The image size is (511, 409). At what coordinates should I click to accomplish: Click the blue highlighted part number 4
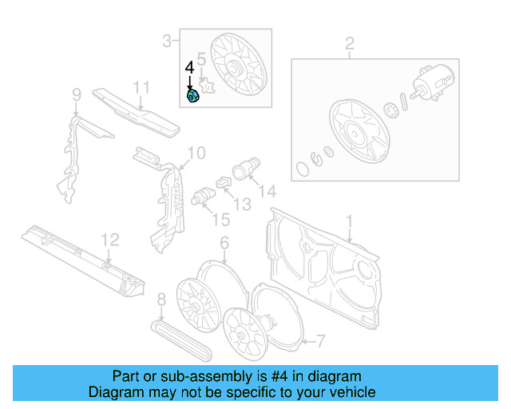192,97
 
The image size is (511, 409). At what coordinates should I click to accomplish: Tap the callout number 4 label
189,68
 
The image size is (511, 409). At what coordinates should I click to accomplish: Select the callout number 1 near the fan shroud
348,220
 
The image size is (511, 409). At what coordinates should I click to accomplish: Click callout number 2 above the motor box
349,43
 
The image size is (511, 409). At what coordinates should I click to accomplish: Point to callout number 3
167,40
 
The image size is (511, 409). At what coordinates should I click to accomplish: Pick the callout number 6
224,242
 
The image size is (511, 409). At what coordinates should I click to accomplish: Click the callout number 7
320,342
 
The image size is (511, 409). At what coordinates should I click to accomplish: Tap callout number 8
161,300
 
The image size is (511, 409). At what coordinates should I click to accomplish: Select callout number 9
77,96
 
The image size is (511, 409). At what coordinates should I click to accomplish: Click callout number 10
196,153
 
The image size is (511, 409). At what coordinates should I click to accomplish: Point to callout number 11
141,87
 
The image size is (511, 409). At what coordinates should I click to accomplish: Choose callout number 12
109,239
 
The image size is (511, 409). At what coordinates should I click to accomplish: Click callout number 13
242,204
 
